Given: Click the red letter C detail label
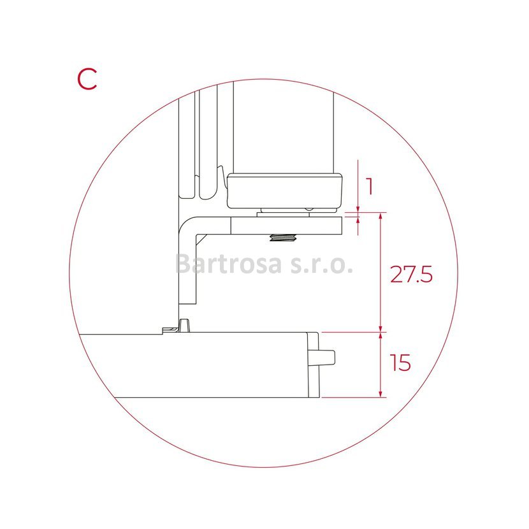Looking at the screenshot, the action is click(x=87, y=79).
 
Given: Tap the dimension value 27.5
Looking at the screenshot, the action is click(x=411, y=274).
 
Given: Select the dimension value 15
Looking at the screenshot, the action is click(x=400, y=363).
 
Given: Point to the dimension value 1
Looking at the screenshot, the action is click(x=370, y=187).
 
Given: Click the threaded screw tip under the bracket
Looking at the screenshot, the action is click(x=283, y=238).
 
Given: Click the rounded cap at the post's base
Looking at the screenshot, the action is click(x=285, y=191).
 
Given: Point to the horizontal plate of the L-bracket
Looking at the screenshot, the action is click(x=286, y=226).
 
